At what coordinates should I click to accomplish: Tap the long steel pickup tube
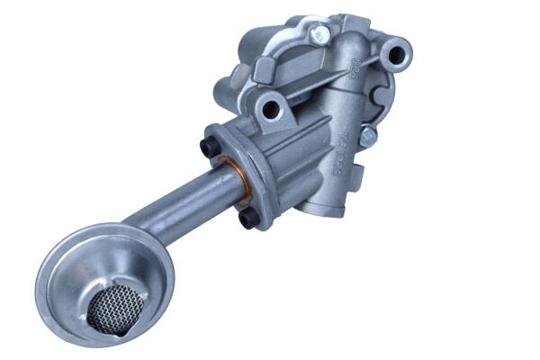(x=180, y=203)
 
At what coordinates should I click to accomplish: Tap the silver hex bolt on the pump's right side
(x=367, y=137)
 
